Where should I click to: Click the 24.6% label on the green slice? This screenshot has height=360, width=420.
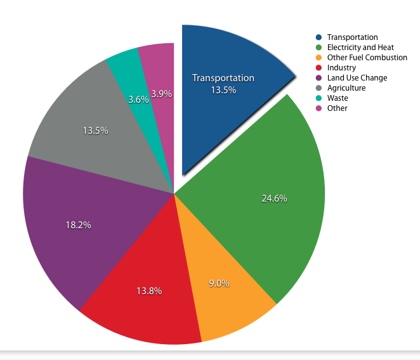click(274, 198)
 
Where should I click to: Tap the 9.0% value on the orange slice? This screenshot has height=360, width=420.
click(219, 283)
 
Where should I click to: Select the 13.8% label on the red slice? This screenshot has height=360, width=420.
click(149, 291)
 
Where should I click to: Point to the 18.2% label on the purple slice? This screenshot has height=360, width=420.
click(78, 225)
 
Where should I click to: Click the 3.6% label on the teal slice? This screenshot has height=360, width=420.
click(138, 100)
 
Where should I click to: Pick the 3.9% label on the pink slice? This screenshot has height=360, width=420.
click(162, 94)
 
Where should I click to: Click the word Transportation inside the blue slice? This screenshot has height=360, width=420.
click(223, 78)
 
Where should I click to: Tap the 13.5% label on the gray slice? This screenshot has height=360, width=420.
click(95, 131)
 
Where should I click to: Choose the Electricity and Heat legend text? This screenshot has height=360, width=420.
click(360, 48)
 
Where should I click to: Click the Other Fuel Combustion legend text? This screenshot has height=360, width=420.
click(367, 58)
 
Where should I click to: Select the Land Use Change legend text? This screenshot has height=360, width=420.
click(357, 78)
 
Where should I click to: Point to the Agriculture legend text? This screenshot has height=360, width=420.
click(346, 88)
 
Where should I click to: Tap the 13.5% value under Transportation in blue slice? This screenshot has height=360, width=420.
click(223, 90)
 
